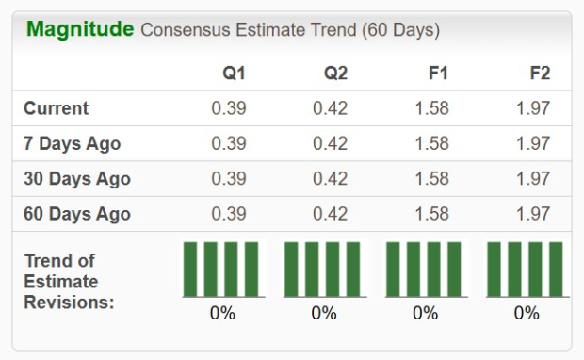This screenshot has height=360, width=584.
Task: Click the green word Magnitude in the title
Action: (x=80, y=28)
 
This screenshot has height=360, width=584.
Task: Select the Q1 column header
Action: (x=235, y=73)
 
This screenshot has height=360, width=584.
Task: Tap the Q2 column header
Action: (x=336, y=73)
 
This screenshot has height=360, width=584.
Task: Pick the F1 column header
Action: (x=437, y=73)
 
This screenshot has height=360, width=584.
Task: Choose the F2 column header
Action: (x=539, y=73)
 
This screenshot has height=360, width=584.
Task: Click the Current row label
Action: (x=57, y=108)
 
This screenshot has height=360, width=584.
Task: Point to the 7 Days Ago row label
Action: (x=72, y=143)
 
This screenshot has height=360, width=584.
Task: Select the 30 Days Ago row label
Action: (x=76, y=178)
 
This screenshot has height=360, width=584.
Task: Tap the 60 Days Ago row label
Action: (x=76, y=214)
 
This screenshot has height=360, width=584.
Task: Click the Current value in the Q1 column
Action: (x=229, y=108)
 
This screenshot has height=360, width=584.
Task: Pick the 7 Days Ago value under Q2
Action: (x=331, y=143)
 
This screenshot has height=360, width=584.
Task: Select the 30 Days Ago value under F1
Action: (x=431, y=178)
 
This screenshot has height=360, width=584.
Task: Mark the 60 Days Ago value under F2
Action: (x=533, y=214)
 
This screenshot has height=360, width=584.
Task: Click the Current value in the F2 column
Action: (x=533, y=108)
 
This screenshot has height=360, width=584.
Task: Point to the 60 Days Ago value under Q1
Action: (x=229, y=214)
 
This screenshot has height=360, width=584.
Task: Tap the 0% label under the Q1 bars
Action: (x=222, y=313)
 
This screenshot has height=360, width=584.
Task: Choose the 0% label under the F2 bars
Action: (x=527, y=313)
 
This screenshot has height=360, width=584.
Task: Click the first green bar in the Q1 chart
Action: (x=189, y=269)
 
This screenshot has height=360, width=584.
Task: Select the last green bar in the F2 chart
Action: (x=556, y=269)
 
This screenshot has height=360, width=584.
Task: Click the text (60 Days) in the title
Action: (x=399, y=30)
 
